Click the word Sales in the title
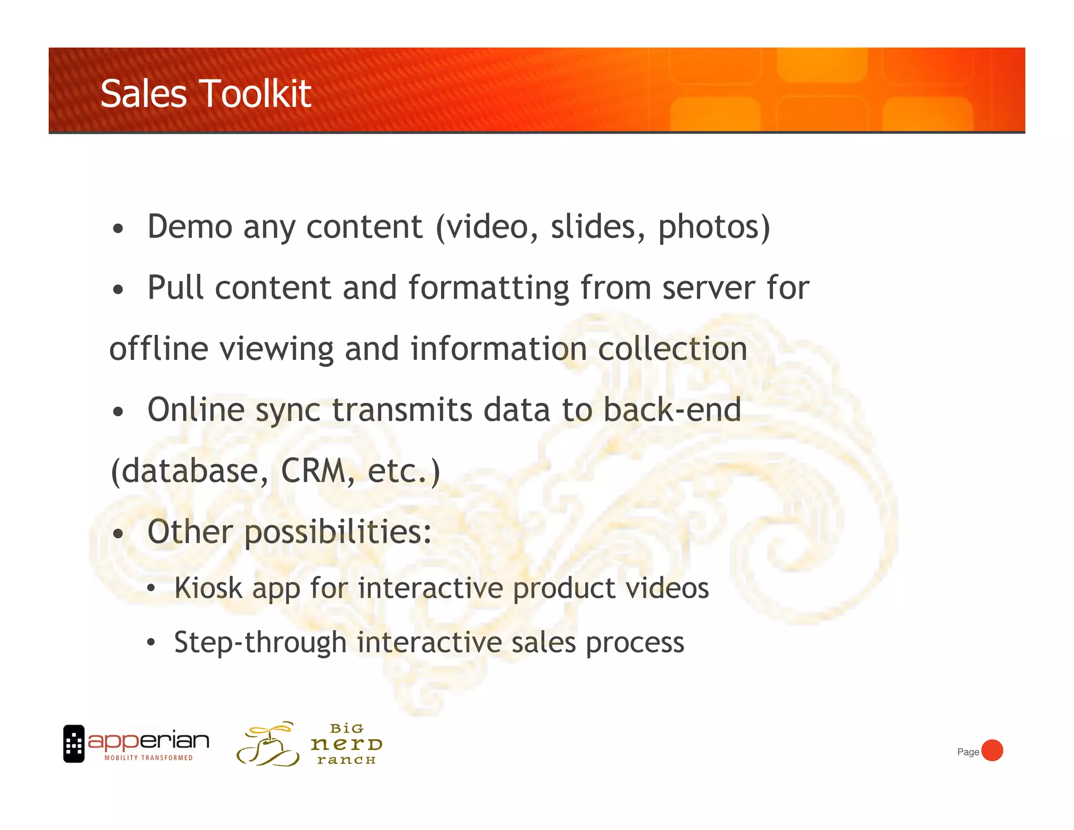[x=143, y=94]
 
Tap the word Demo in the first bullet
[x=190, y=227]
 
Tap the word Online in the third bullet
[x=196, y=410]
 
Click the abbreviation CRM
[x=313, y=471]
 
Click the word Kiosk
[x=208, y=588]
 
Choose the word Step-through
[x=260, y=643]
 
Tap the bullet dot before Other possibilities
[x=119, y=534]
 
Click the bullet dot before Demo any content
[x=119, y=229]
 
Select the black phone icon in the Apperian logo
[x=74, y=743]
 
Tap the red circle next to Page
[x=992, y=750]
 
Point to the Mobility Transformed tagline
[x=148, y=758]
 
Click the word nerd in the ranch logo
[x=346, y=744]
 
